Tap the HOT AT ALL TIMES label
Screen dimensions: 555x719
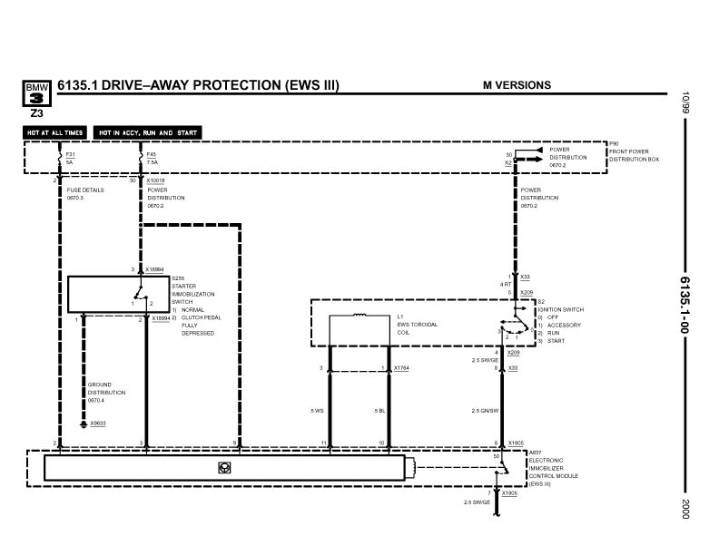click(x=56, y=132)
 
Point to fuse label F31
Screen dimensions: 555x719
click(x=70, y=155)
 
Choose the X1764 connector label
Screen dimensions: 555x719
click(x=402, y=368)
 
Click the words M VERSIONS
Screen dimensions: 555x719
click(x=517, y=85)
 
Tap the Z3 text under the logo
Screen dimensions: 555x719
click(x=36, y=114)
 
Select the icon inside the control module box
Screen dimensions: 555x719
click(x=222, y=467)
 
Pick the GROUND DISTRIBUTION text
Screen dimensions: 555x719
click(x=106, y=392)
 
